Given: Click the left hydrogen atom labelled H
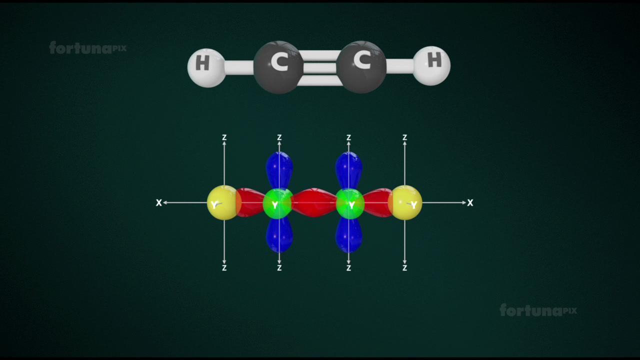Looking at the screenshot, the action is click(x=206, y=67).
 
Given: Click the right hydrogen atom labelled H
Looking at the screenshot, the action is click(x=431, y=65).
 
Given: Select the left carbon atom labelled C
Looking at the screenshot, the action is click(x=278, y=67).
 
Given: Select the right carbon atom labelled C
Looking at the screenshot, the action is click(x=361, y=67).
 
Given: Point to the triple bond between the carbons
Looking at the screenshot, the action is click(x=320, y=68).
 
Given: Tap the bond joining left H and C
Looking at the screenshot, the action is click(x=239, y=68).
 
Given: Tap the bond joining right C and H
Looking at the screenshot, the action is click(x=399, y=66).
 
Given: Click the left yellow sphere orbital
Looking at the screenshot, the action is click(x=223, y=202).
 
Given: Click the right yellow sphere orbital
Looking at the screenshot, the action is click(x=405, y=202).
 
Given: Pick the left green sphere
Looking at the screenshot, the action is click(x=277, y=203).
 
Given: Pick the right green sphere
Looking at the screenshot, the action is click(x=350, y=203).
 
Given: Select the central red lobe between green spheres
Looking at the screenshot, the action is click(x=314, y=202).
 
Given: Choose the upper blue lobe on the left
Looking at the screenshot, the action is click(x=279, y=170).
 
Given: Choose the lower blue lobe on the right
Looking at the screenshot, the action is click(x=349, y=235).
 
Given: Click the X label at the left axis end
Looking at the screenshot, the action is click(x=159, y=202).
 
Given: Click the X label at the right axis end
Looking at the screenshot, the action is click(x=470, y=202).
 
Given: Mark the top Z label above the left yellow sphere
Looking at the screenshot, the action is click(x=224, y=137).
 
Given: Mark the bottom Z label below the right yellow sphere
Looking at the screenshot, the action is click(x=404, y=267).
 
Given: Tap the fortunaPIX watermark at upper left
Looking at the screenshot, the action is click(x=87, y=47).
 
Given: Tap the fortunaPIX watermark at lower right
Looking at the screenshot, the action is click(x=538, y=310).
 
